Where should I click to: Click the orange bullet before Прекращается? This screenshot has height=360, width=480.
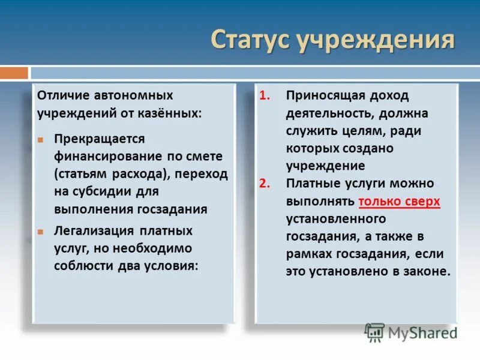tap(41, 139)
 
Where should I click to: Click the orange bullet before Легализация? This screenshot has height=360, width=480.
tap(41, 231)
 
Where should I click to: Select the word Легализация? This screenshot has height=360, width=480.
tap(94, 231)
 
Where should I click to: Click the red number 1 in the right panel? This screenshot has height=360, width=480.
tap(265, 96)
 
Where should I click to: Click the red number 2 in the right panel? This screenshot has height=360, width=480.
tap(265, 184)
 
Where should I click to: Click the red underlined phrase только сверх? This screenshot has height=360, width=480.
tap(399, 201)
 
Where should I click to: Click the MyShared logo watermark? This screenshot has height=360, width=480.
tap(411, 332)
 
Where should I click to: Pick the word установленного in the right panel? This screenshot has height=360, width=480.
tap(335, 218)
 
